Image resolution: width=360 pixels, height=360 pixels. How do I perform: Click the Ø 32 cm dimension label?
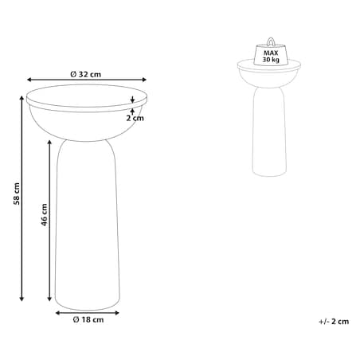coord(86,74)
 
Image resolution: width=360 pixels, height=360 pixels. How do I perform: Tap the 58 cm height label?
coord(17,194)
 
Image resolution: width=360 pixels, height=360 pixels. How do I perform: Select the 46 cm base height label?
coord(44,215)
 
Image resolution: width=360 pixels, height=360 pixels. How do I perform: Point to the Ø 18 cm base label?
coord(88,319)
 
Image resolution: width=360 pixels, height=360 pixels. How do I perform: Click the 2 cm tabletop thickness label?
coord(135,118)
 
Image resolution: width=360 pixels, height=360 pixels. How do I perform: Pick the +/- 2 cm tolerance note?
coord(334,322)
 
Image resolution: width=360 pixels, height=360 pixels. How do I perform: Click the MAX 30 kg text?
coord(271,57)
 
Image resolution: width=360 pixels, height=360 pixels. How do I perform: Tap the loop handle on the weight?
coord(271,41)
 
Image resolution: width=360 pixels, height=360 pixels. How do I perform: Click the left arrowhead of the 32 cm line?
coord(29,80)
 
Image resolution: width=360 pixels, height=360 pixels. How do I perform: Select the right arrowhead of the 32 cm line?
coord(144,80)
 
